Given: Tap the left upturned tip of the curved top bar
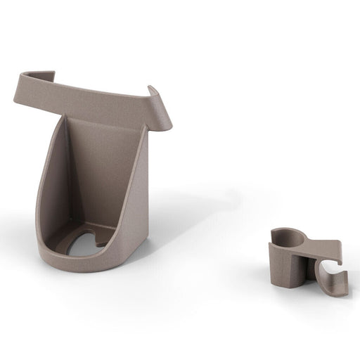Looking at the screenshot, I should (21, 79).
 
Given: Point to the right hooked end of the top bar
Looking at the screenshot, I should (161, 112).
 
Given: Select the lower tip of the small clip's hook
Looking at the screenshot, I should (336, 292).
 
